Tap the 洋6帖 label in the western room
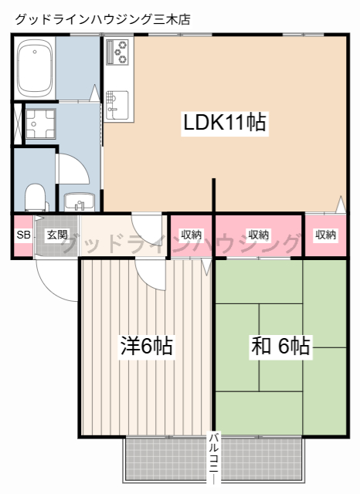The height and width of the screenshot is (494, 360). (146, 347)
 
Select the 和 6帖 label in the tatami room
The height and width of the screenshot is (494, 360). (280, 347)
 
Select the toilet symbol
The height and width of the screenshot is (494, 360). (36, 197)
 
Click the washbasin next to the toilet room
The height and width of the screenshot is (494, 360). (77, 202)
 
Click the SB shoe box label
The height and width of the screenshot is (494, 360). (23, 235)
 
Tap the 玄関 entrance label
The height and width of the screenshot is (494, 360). (56, 235)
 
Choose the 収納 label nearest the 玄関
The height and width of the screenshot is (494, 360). (191, 235)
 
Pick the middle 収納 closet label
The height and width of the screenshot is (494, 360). (259, 235)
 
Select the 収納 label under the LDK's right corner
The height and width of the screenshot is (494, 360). (325, 235)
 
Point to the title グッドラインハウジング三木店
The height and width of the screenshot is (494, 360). (101, 18)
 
